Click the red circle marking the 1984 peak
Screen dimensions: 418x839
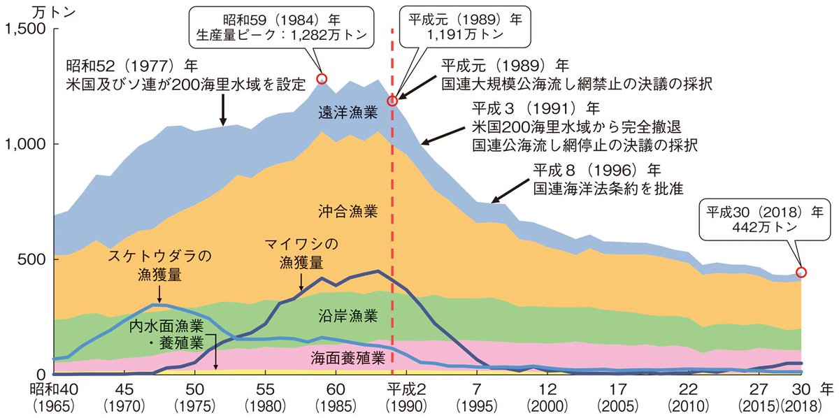(x=322, y=79)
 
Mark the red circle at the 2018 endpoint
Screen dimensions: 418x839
(x=801, y=272)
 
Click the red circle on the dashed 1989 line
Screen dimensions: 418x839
(x=392, y=101)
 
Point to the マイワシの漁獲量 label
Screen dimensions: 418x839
(x=301, y=253)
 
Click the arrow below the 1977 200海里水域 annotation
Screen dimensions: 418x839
(x=223, y=110)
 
